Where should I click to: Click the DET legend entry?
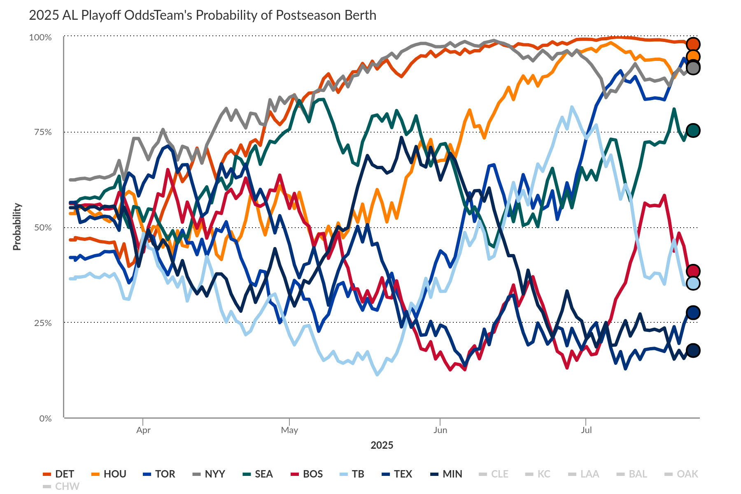(x=59, y=474)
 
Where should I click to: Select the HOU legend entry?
(x=109, y=474)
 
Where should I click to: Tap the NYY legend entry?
(x=209, y=474)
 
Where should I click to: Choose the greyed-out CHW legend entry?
(x=61, y=486)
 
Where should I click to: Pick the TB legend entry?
(x=352, y=474)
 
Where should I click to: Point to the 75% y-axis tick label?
(x=43, y=132)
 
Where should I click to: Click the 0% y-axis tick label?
(x=45, y=418)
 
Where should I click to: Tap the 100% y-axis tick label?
(x=40, y=37)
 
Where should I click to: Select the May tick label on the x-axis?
(x=289, y=430)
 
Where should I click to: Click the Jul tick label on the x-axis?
(x=586, y=430)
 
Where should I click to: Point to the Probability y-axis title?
(x=17, y=226)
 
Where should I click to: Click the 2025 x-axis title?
(x=382, y=445)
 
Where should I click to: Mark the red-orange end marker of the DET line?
(x=693, y=44)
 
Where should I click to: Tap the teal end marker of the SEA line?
(x=693, y=130)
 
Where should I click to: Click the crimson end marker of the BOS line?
(x=693, y=271)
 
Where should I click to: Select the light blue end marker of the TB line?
(x=693, y=283)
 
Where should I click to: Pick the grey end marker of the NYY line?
(x=693, y=68)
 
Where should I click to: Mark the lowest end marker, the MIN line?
(x=693, y=350)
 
